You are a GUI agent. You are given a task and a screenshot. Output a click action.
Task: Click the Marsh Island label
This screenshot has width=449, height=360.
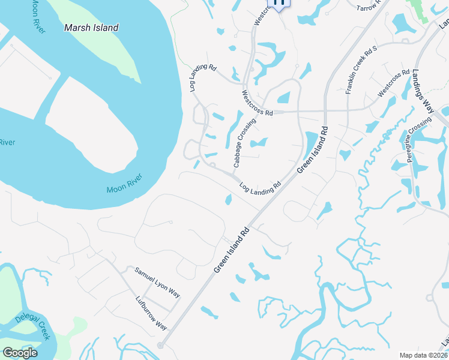(x=91, y=28)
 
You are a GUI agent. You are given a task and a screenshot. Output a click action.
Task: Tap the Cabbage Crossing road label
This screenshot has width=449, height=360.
(x=245, y=143)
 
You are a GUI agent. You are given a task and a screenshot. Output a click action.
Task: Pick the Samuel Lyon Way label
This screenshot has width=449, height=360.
(x=157, y=282)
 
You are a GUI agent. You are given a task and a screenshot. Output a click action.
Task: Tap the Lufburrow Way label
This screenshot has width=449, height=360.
(x=151, y=313)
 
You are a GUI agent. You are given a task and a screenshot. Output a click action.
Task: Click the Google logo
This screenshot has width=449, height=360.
(x=20, y=352)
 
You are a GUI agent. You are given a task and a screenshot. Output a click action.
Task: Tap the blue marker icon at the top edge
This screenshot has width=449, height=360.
(x=279, y=3)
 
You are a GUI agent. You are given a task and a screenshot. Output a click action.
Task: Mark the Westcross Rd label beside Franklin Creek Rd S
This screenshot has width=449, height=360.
(x=393, y=83)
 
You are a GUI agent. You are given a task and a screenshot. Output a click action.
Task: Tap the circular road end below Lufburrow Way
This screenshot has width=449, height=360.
(x=160, y=346)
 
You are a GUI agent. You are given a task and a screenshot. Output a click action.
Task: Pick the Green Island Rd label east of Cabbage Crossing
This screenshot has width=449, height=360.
(x=311, y=150)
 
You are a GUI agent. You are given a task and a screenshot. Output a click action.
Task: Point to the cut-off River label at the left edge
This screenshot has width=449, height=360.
(x=7, y=142)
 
